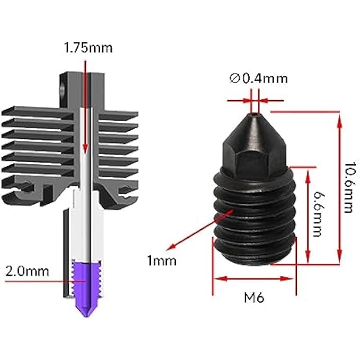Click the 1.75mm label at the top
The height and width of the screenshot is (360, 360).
[88, 48]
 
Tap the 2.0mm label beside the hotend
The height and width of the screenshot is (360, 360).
[26, 272]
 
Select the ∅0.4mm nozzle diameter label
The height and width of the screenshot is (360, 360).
[258, 79]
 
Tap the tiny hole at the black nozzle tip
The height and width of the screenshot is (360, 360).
[255, 112]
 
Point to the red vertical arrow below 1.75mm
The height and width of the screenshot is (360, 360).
[85, 106]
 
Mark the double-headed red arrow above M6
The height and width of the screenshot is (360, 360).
[254, 278]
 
